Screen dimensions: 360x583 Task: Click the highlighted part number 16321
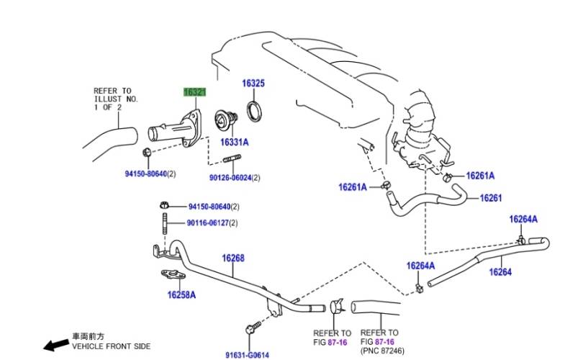click(194, 92)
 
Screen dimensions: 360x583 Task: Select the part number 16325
click(253, 84)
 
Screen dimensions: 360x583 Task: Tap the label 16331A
click(234, 143)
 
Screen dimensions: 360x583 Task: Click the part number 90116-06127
click(208, 223)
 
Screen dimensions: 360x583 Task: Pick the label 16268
click(233, 258)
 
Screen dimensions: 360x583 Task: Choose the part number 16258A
click(181, 294)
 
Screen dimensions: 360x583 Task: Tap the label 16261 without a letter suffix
click(490, 197)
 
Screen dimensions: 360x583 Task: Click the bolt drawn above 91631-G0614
click(251, 329)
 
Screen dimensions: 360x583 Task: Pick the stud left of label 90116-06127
click(165, 222)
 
